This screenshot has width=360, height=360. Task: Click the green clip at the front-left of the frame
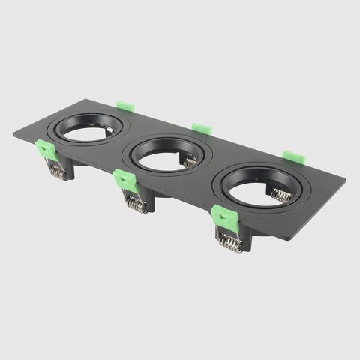tap(48, 151)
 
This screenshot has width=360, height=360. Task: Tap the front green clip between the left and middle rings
tap(124, 181)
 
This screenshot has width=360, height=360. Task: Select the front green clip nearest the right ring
tap(224, 217)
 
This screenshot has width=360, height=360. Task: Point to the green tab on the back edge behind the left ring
tap(125, 106)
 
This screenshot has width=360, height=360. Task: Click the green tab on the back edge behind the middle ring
tap(201, 129)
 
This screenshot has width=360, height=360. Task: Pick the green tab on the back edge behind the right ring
tap(293, 158)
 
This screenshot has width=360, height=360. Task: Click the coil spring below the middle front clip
tap(135, 203)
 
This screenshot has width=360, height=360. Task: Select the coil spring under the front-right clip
tap(231, 242)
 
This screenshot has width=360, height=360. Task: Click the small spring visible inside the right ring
tap(280, 196)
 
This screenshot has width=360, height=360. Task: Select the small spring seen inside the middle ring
tap(190, 160)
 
